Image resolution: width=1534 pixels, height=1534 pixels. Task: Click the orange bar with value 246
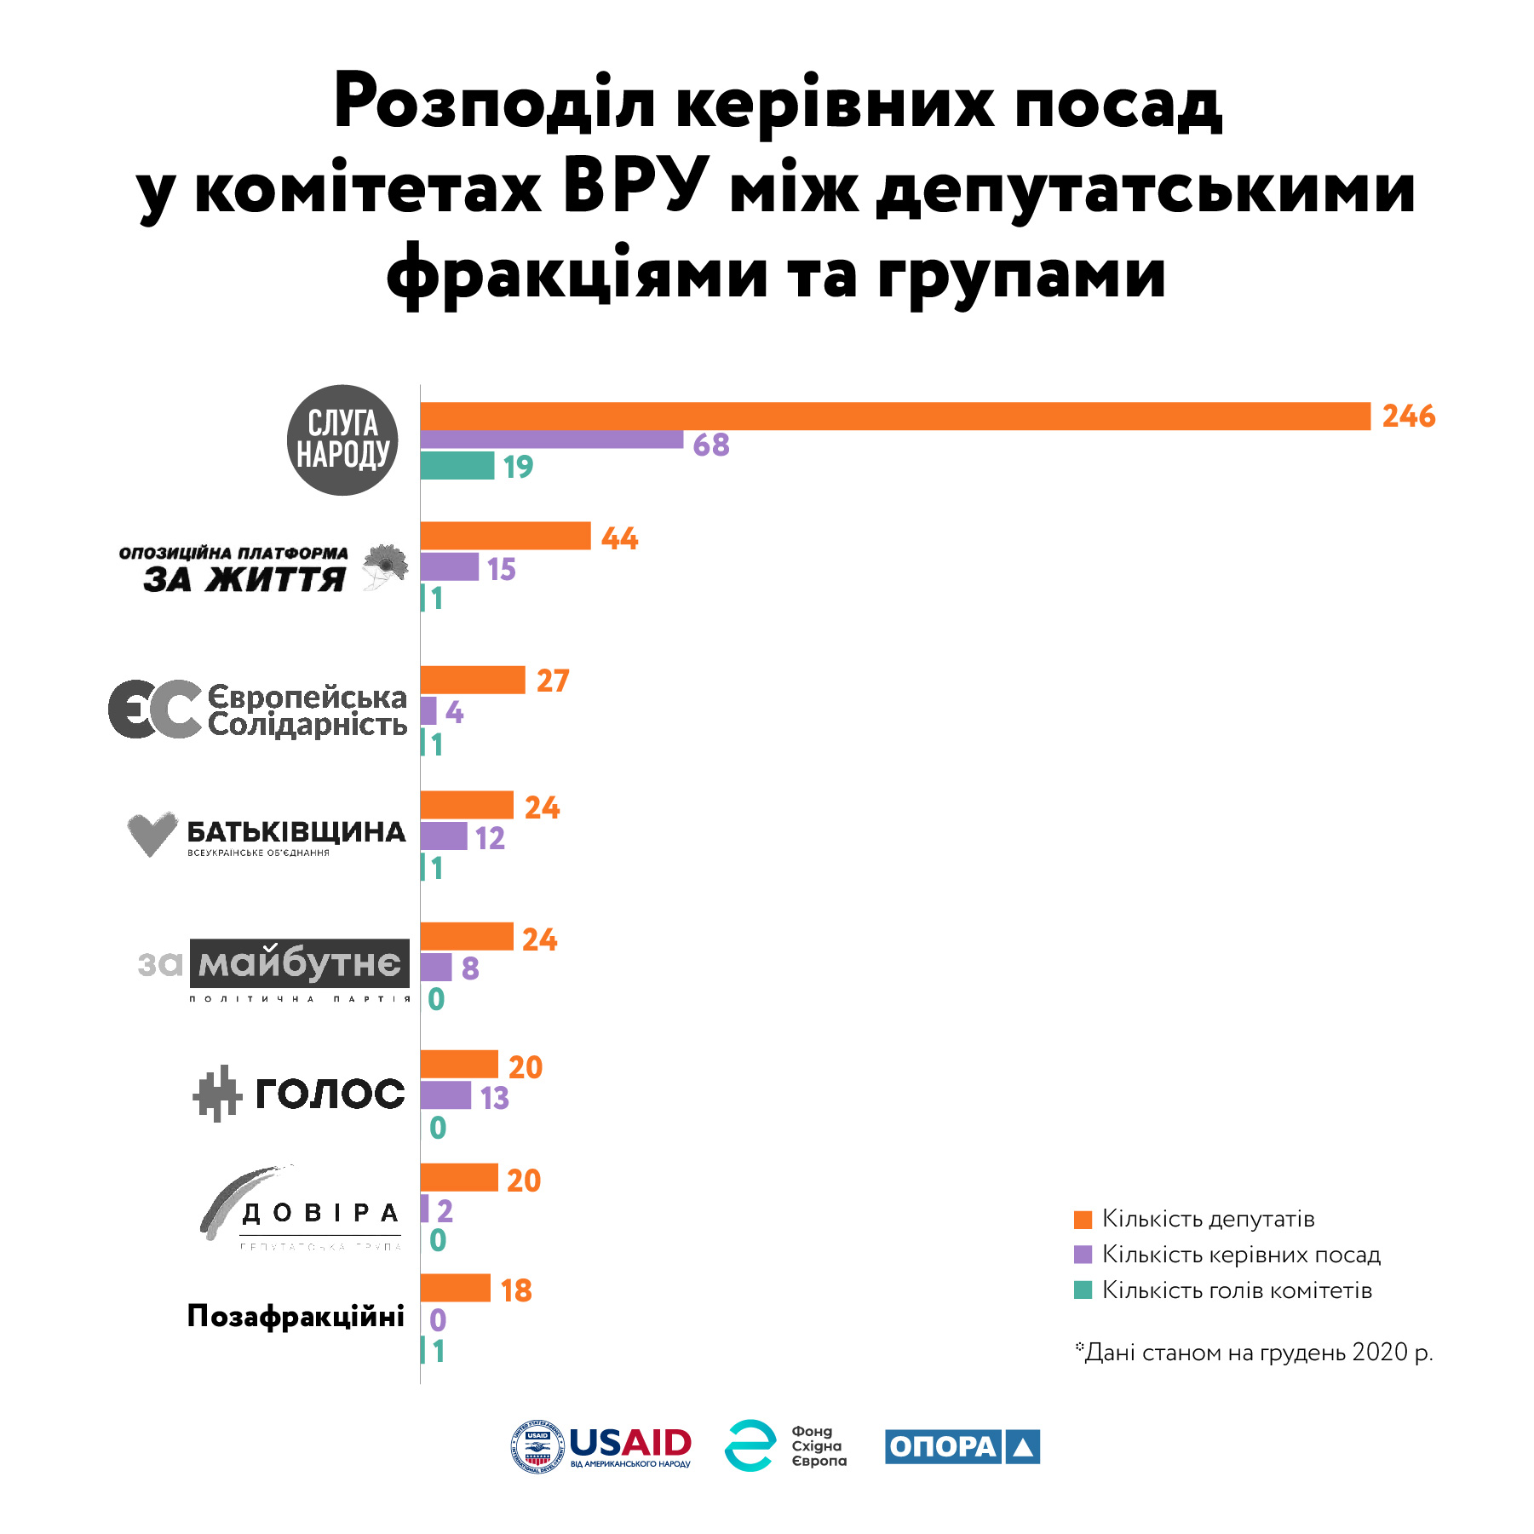pyautogui.click(x=894, y=417)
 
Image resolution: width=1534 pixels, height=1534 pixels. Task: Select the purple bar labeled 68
pyautogui.click(x=551, y=440)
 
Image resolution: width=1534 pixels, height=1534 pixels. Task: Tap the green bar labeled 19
pyautogui.click(x=457, y=466)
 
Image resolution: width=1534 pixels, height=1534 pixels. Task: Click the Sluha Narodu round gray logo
pyautogui.click(x=342, y=440)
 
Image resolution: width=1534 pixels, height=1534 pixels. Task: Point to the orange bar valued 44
pyautogui.click(x=505, y=536)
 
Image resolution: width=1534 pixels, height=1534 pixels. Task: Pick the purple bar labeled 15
pyautogui.click(x=450, y=567)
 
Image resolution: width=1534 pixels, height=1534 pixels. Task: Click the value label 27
pyautogui.click(x=552, y=681)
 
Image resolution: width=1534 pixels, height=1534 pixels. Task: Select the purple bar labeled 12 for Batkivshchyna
pyautogui.click(x=444, y=836)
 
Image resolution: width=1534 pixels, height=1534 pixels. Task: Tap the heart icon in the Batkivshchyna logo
pyautogui.click(x=152, y=833)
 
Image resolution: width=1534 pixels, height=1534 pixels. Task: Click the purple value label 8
pyautogui.click(x=470, y=968)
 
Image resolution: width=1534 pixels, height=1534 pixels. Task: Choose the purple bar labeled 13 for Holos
pyautogui.click(x=445, y=1095)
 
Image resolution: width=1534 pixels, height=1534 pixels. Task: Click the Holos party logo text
pyautogui.click(x=330, y=1094)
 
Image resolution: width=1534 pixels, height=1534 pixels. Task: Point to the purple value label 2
pyautogui.click(x=445, y=1210)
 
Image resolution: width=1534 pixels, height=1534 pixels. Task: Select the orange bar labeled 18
pyautogui.click(x=456, y=1288)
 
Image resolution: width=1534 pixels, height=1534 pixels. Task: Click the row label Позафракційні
pyautogui.click(x=296, y=1317)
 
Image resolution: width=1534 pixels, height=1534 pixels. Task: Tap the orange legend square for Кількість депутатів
pyautogui.click(x=1083, y=1220)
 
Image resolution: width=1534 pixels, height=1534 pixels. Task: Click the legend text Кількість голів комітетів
pyautogui.click(x=1237, y=1290)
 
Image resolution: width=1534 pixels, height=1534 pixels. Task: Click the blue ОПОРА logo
pyautogui.click(x=962, y=1446)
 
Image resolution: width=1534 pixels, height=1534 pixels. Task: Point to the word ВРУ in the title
pyautogui.click(x=635, y=187)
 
